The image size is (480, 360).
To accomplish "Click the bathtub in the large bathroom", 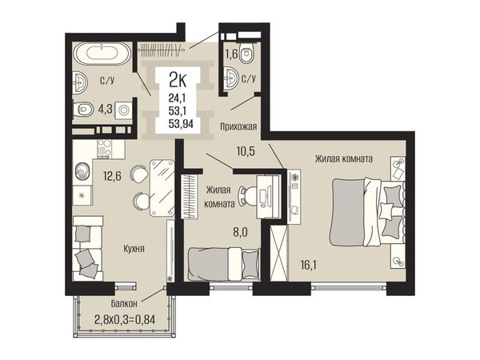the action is [102, 54].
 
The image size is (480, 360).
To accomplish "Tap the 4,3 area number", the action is [105, 110].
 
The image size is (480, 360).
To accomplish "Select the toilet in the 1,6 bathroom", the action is [246, 53].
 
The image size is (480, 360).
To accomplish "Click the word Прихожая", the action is [238, 126].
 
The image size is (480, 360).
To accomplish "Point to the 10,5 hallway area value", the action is [246, 151].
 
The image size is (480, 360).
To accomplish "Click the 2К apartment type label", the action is [178, 81].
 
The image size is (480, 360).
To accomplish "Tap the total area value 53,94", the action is [181, 123].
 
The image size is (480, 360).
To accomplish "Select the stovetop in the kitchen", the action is [105, 149].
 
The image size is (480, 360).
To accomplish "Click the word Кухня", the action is [134, 249].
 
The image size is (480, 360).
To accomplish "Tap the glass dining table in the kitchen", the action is [162, 188].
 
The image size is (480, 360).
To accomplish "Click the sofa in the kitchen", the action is [88, 248].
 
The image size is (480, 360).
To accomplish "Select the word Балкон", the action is [124, 304].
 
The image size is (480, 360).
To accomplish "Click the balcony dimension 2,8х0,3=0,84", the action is [125, 320].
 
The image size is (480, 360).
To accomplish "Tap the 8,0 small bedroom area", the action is [240, 232].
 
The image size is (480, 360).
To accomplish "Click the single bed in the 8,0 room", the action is [223, 264].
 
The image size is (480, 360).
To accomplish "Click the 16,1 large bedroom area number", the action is [309, 265].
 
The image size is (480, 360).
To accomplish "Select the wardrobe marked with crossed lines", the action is [279, 253].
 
